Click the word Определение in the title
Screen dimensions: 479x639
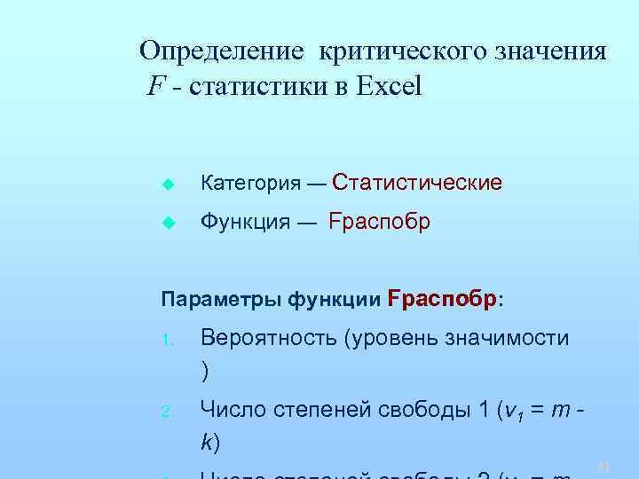point(223,51)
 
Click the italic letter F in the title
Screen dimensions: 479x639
point(155,88)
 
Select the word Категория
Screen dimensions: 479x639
point(251,184)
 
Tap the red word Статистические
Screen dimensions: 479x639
point(416,183)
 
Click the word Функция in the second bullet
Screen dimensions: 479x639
point(245,222)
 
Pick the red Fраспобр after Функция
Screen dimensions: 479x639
point(379,222)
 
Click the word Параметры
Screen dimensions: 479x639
point(221,299)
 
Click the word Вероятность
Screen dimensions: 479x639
point(268,338)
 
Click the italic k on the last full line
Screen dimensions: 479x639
point(206,442)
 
